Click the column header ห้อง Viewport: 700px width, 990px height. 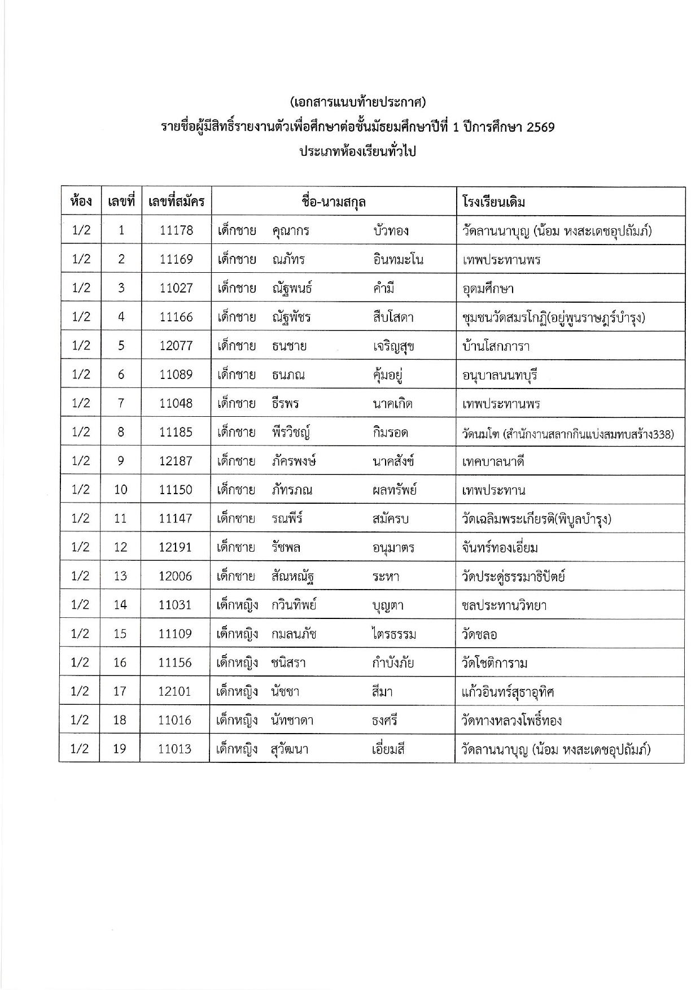point(81,201)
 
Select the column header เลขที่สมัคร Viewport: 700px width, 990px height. point(176,201)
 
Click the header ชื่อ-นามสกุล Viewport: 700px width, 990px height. point(334,202)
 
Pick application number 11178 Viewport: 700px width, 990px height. point(176,230)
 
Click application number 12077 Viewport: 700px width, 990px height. point(176,346)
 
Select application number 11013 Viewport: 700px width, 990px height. point(175,749)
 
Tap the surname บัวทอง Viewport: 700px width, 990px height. point(391,230)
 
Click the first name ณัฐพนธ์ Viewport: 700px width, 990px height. point(292,288)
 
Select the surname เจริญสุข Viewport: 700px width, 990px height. point(393,346)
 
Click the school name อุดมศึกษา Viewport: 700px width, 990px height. point(488,289)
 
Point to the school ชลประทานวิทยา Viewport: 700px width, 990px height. point(504,605)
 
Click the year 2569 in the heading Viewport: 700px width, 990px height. point(540,127)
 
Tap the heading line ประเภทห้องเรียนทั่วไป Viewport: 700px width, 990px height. point(357,151)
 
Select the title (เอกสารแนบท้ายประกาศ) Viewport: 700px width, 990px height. point(357,102)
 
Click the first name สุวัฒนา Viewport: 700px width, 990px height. point(290,749)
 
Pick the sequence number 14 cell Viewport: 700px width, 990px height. point(120,605)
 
